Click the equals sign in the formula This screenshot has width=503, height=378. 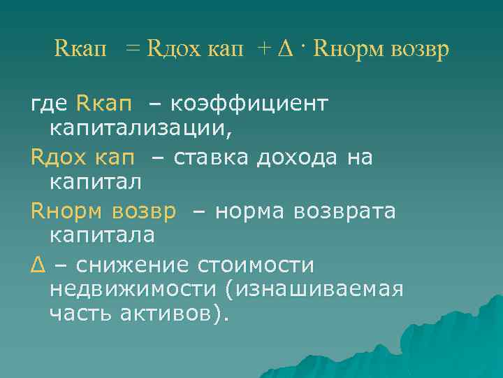coord(133,51)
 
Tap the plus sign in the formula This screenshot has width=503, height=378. coord(263,51)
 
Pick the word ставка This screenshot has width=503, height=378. coord(213,157)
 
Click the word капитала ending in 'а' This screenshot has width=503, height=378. coord(102,236)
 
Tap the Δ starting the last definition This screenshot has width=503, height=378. coord(37,265)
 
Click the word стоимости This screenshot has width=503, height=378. coord(256,265)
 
